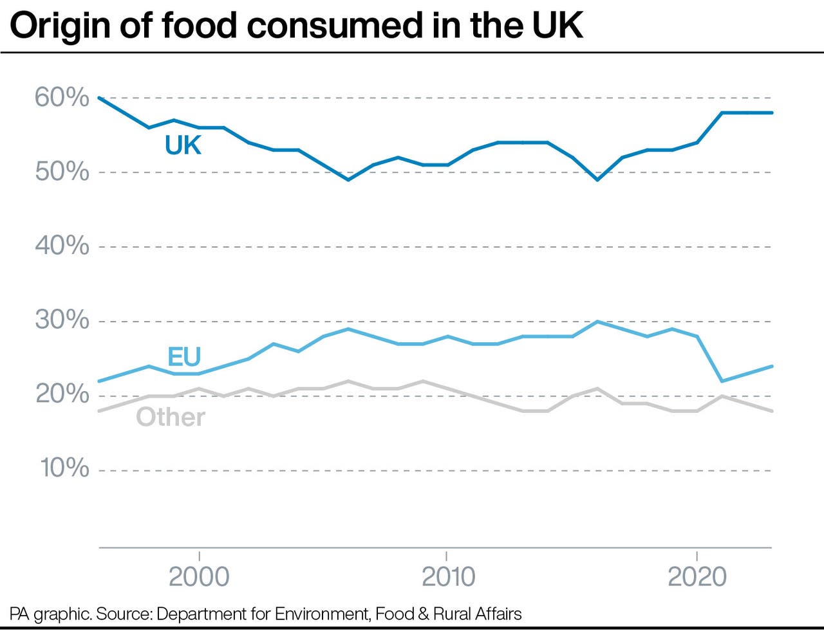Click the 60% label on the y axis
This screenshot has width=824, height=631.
(62, 98)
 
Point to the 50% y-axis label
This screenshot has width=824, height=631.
(62, 172)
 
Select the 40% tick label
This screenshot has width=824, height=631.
(62, 246)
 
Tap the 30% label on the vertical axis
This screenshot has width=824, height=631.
(62, 320)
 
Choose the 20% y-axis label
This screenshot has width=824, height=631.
(62, 394)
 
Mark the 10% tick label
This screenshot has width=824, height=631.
(64, 468)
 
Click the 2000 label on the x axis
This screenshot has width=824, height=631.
(199, 577)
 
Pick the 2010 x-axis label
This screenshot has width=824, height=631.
(448, 577)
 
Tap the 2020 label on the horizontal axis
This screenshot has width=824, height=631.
(697, 577)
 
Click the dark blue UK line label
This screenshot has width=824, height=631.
(183, 146)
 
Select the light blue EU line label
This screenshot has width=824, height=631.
(184, 357)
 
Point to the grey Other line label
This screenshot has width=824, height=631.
(171, 417)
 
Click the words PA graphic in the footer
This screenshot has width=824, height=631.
(50, 614)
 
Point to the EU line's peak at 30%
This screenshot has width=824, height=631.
(597, 322)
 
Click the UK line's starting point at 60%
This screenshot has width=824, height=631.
(99, 98)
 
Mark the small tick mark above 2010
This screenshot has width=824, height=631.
(446, 555)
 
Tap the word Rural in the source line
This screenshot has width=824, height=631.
(451, 614)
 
